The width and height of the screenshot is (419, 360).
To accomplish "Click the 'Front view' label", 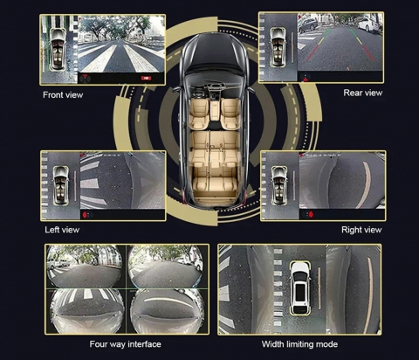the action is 63,95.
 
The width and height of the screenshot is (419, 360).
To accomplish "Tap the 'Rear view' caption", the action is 363,93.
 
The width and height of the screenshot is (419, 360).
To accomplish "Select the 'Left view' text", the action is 62,230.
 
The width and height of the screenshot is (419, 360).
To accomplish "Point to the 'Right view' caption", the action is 361,230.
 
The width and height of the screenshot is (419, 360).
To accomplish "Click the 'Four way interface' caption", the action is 125,344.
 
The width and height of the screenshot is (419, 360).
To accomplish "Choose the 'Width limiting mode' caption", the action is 299,344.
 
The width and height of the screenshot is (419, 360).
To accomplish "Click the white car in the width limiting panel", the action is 300,287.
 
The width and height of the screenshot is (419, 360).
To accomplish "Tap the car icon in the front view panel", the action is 57,49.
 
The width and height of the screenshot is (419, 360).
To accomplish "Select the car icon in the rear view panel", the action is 278,47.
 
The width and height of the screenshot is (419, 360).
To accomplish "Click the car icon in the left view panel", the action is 61,185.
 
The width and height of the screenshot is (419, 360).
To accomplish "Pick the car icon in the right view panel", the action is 279,185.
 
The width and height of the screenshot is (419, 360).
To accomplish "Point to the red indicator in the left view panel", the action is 85,215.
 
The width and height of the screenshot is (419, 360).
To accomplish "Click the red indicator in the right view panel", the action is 311,215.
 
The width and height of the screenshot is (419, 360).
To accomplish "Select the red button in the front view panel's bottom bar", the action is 146,78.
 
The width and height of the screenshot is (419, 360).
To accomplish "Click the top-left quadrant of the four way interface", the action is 86,267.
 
